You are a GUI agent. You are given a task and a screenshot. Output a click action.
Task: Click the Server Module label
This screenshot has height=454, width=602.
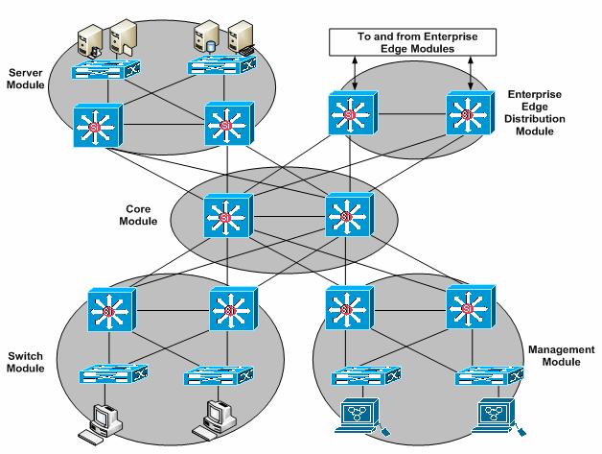pyautogui.click(x=25, y=80)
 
